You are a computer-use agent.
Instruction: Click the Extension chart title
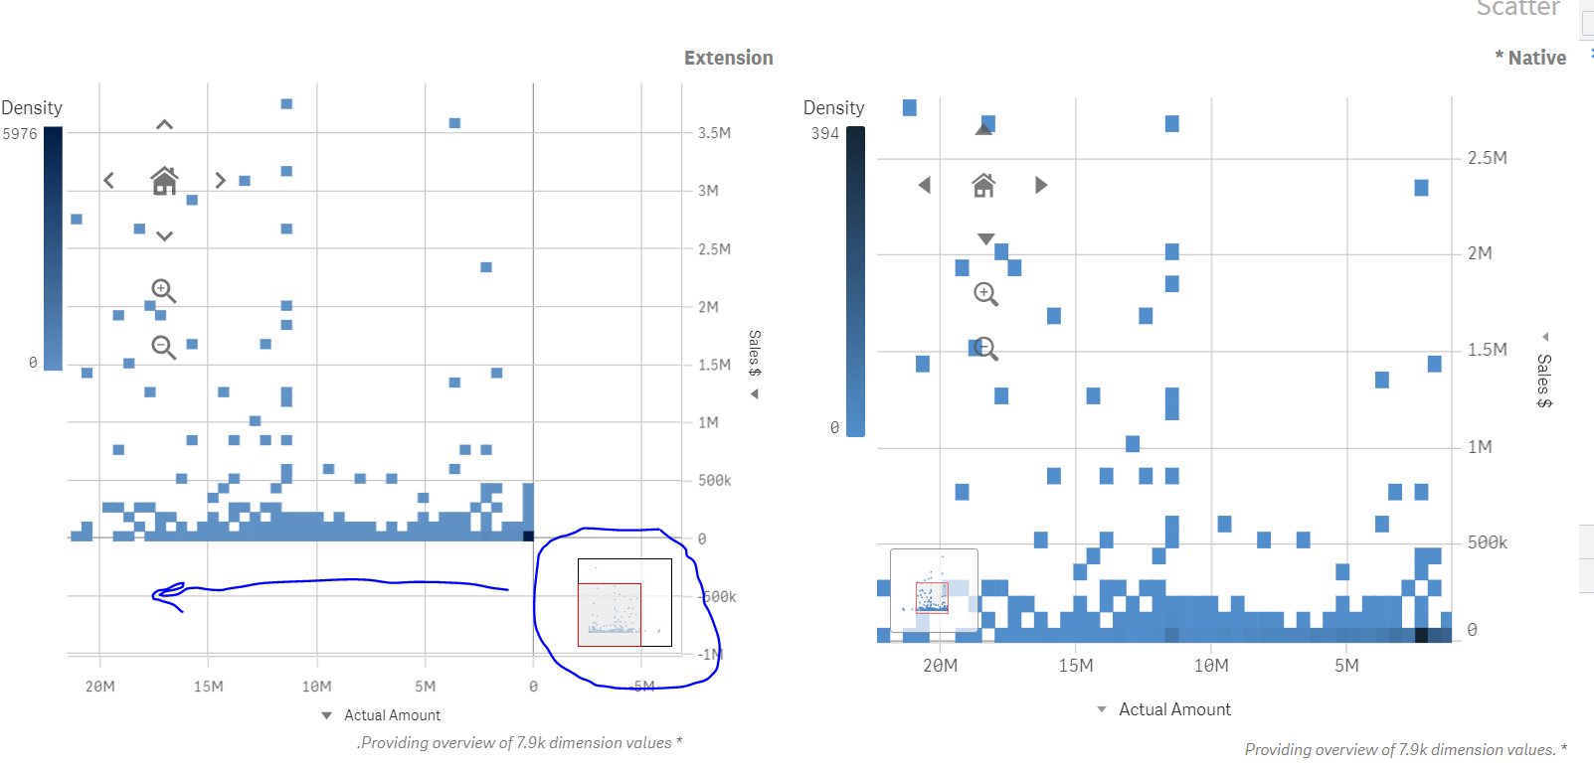[x=728, y=58]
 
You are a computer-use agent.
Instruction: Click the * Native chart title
[x=1530, y=58]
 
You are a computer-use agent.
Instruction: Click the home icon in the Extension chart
[x=164, y=181]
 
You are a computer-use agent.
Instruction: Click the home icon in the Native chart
[x=983, y=185]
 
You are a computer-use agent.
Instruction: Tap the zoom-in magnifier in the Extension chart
[x=163, y=290]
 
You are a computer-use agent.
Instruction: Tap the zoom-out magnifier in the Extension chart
[x=163, y=347]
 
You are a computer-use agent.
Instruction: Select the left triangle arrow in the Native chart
[x=925, y=185]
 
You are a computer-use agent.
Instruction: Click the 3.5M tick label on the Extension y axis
[x=714, y=133]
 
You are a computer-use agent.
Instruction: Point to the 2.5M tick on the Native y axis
[x=1487, y=158]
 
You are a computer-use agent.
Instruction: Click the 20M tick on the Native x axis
[x=940, y=666]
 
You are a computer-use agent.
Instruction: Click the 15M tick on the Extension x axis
[x=208, y=687]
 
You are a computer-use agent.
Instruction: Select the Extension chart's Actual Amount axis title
[x=392, y=715]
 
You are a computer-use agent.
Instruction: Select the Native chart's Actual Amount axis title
[x=1174, y=709]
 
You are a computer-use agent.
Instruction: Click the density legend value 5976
[x=20, y=134]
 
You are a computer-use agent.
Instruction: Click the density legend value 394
[x=824, y=134]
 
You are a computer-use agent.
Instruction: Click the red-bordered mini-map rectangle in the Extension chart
[x=610, y=615]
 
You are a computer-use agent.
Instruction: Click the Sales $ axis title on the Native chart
[x=1543, y=380]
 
